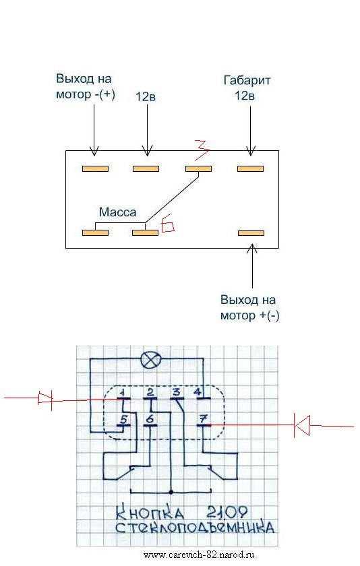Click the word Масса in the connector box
[x=118, y=212]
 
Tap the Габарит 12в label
[x=247, y=88]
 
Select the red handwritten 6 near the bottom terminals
[x=169, y=226]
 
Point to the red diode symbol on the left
[x=45, y=398]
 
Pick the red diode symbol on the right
[x=301, y=425]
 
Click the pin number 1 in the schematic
[x=123, y=392]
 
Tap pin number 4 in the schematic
[x=198, y=392]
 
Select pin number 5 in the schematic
[x=123, y=419]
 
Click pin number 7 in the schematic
[x=204, y=419]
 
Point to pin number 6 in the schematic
[x=150, y=419]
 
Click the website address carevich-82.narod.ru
[x=199, y=555]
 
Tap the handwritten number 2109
[x=227, y=513]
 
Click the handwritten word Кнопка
[x=150, y=513]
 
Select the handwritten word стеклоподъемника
[x=195, y=528]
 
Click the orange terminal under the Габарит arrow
[x=251, y=168]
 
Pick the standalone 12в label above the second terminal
[x=146, y=97]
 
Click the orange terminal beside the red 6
[x=145, y=233]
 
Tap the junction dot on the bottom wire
[x=171, y=492]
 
